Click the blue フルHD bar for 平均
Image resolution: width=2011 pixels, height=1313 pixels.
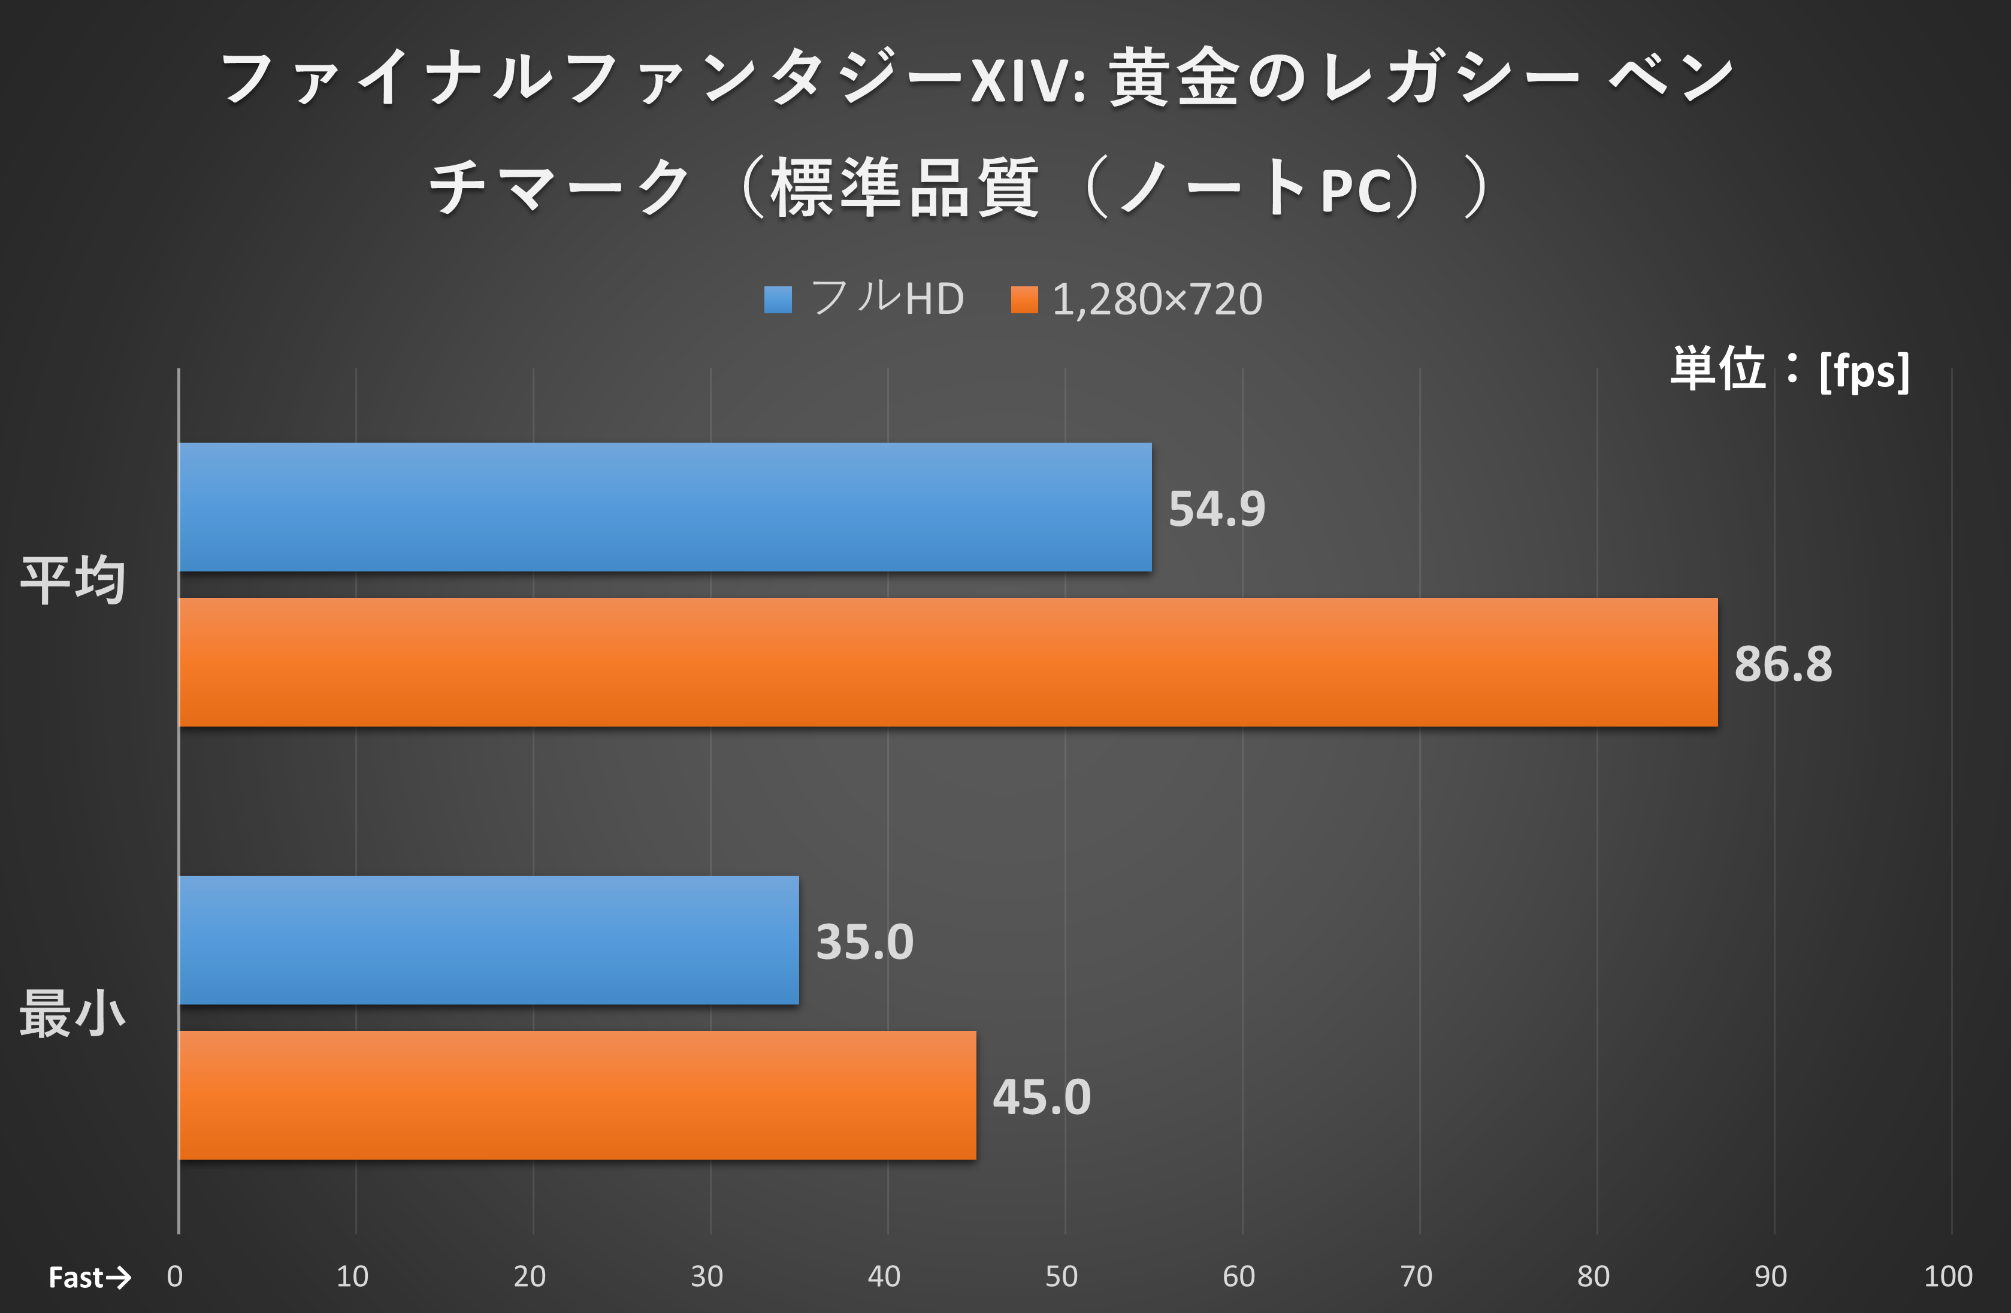tap(665, 507)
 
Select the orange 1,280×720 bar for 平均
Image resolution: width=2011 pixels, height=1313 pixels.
tap(948, 662)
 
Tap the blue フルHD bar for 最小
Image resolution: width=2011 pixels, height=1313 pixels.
tap(488, 940)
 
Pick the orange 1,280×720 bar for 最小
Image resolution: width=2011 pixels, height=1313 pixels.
tap(577, 1095)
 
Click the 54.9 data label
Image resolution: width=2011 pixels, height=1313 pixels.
tap(1217, 509)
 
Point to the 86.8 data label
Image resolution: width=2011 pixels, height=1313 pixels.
tap(1783, 664)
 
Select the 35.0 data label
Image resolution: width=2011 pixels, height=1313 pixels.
tap(864, 942)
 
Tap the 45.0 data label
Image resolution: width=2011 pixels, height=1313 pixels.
tap(1041, 1097)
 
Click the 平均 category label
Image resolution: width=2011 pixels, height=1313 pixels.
tap(74, 581)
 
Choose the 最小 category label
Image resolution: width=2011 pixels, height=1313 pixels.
tap(74, 1014)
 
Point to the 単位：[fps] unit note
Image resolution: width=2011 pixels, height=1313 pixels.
tap(1789, 370)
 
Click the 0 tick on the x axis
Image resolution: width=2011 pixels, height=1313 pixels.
tap(175, 1276)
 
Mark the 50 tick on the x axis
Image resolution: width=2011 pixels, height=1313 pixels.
tap(1062, 1276)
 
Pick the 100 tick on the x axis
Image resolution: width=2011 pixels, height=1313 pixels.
tap(1948, 1276)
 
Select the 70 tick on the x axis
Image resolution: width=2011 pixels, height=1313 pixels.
tap(1416, 1276)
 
